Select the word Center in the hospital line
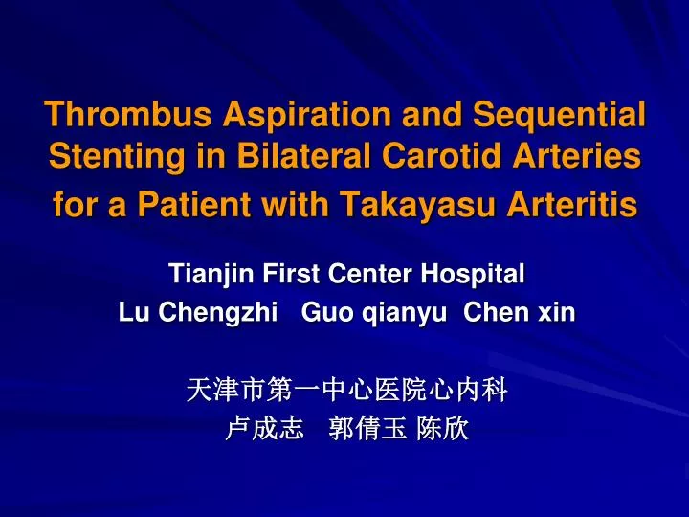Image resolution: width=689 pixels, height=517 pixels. coord(368,275)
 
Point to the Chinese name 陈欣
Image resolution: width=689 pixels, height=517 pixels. coord(443,429)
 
